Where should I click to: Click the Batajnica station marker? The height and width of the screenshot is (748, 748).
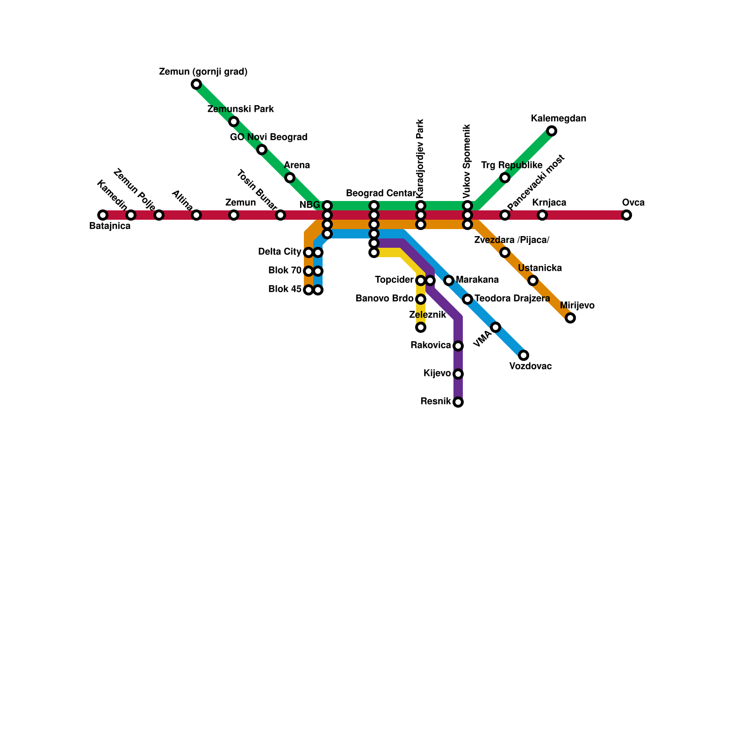point(103,215)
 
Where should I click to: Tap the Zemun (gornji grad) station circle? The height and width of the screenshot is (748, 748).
point(196,84)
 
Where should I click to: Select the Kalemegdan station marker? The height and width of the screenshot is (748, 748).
point(552,131)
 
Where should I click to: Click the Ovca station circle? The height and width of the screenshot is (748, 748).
point(626,215)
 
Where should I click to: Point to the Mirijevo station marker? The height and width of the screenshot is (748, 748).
point(570,318)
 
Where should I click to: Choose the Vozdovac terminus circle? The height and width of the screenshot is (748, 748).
point(524,355)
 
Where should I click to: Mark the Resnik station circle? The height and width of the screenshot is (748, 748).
point(458,402)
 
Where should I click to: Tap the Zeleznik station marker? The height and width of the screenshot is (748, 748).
point(421,327)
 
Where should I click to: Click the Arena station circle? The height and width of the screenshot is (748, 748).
point(290,178)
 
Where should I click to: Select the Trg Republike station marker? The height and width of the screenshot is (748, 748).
point(504,178)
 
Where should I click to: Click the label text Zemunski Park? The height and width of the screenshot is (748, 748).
point(240,109)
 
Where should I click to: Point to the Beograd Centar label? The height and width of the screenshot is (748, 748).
point(381,194)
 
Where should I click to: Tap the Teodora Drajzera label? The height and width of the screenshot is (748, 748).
point(512,299)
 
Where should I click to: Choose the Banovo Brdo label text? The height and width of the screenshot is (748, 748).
point(384,299)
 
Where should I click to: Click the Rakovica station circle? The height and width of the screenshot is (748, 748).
point(458,346)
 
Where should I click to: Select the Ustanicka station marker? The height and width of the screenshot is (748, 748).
point(533,280)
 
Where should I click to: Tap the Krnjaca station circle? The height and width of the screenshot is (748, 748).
point(542,215)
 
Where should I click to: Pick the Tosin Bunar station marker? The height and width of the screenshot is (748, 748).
point(280,215)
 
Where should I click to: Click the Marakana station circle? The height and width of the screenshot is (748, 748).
point(449,280)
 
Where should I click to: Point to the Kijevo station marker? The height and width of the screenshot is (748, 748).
point(458,374)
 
